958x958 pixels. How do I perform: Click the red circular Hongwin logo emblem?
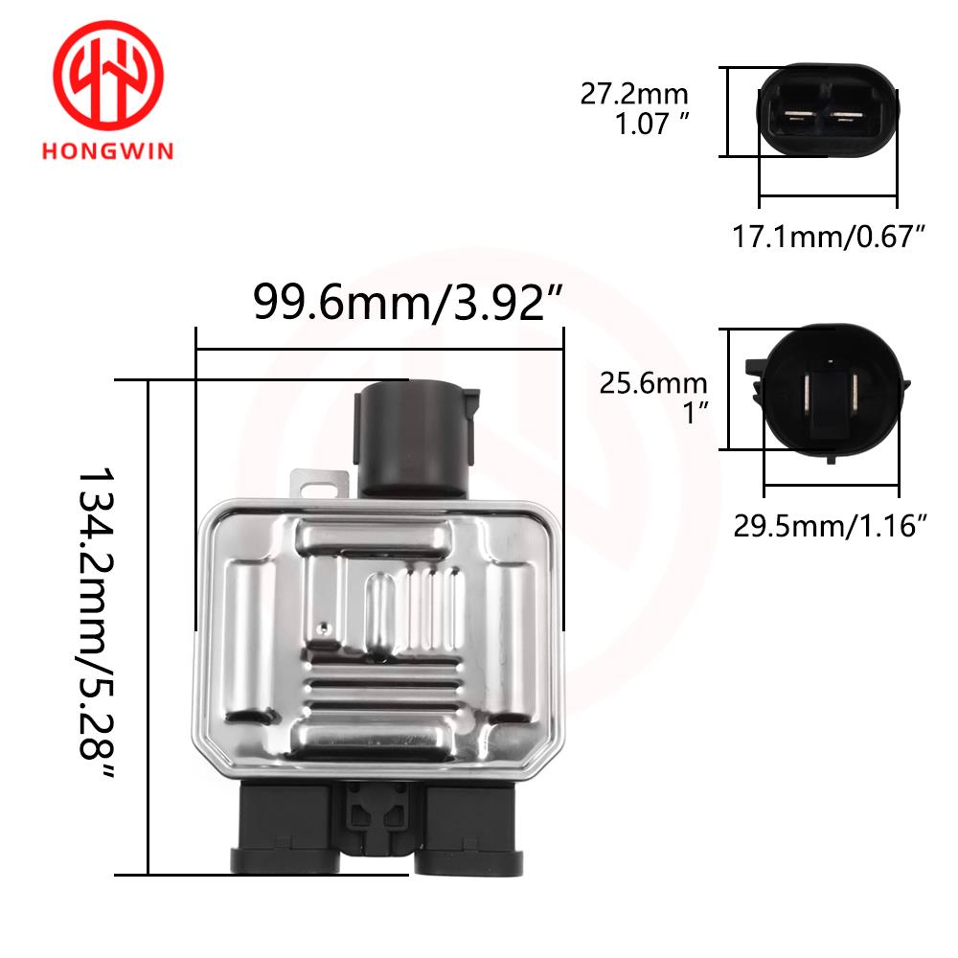108,75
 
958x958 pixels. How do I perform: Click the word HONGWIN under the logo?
108,151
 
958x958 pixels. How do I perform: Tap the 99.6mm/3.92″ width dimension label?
407,302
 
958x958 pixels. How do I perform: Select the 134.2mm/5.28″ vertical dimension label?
97,623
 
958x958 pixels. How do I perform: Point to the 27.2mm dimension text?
634,94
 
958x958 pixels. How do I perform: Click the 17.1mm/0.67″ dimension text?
829,237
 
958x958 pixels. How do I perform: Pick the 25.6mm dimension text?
653,383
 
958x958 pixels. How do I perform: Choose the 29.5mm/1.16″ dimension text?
830,525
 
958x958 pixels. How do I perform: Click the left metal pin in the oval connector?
799,114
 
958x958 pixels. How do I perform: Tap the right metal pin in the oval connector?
847,115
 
